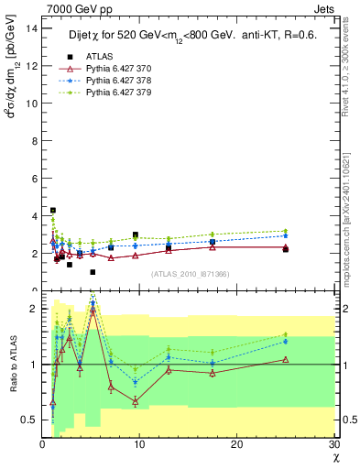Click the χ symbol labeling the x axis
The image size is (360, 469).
coord(334,458)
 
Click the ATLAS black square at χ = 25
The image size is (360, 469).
coord(286,249)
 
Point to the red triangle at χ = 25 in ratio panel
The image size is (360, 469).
coord(286,359)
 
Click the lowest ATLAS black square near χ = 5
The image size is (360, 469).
coord(93,272)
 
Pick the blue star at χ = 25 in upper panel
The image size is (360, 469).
coord(286,236)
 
